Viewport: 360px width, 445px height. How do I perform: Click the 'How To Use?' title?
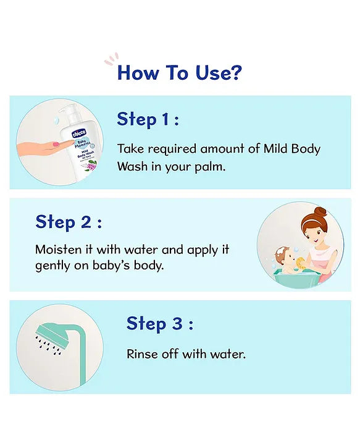point(180,72)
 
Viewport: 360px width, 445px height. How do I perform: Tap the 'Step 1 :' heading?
point(148,119)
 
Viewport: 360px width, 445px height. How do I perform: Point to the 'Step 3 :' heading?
point(160,323)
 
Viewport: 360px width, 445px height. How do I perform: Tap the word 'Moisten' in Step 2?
point(56,250)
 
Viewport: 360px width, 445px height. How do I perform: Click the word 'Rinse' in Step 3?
point(141,354)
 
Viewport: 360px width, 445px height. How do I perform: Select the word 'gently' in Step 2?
point(52,266)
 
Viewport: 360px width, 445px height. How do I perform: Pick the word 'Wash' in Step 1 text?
point(131,167)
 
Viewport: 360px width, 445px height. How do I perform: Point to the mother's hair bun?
point(319,213)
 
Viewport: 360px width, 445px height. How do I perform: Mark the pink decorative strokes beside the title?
point(111,60)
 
